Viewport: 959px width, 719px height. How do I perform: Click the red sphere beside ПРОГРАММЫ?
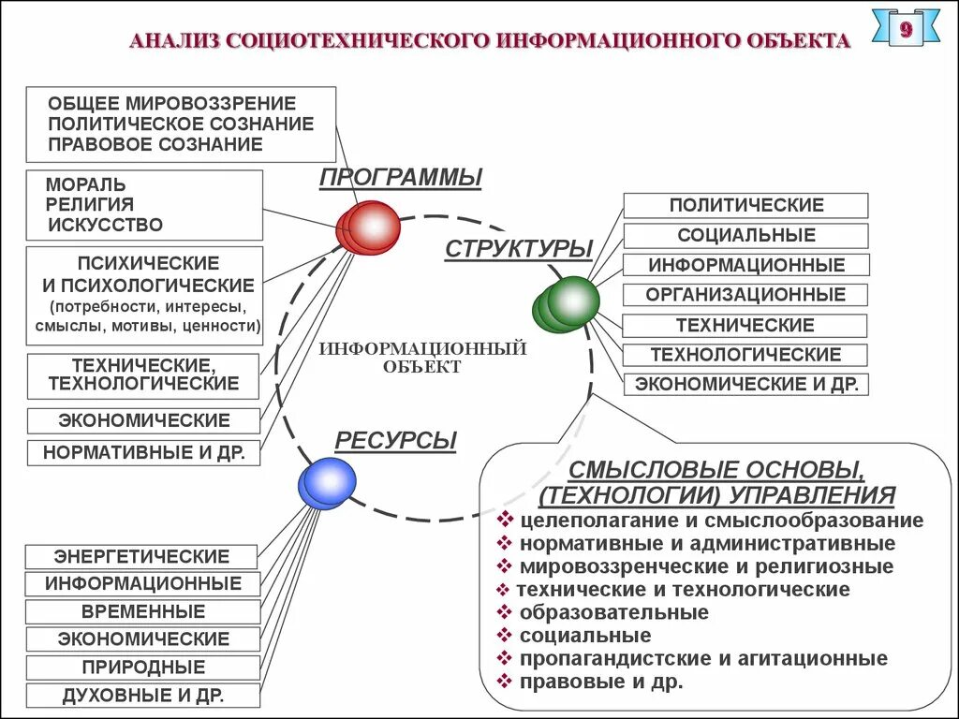pyautogui.click(x=370, y=227)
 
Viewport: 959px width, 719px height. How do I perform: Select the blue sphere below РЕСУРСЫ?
pyautogui.click(x=327, y=483)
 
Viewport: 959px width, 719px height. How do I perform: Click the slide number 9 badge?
pyautogui.click(x=905, y=29)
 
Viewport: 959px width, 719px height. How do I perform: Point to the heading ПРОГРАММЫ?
pyautogui.click(x=401, y=177)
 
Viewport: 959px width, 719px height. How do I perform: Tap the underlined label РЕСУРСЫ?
pyautogui.click(x=395, y=441)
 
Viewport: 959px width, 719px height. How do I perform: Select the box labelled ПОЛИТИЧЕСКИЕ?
pyautogui.click(x=745, y=205)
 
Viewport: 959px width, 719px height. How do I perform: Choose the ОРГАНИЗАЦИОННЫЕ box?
pyautogui.click(x=745, y=295)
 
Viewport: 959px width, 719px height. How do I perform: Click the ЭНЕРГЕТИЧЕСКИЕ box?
pyautogui.click(x=141, y=556)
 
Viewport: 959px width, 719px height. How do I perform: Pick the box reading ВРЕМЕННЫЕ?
pyautogui.click(x=141, y=611)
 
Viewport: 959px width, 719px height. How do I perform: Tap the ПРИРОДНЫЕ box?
pyautogui.click(x=141, y=668)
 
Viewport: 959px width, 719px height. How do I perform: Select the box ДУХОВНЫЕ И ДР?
pyautogui.click(x=141, y=696)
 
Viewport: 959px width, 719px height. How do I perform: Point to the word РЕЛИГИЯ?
pyautogui.click(x=90, y=204)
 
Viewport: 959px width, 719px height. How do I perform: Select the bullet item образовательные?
pyautogui.click(x=614, y=613)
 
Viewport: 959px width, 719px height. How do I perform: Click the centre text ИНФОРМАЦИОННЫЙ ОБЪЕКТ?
pyautogui.click(x=422, y=358)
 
